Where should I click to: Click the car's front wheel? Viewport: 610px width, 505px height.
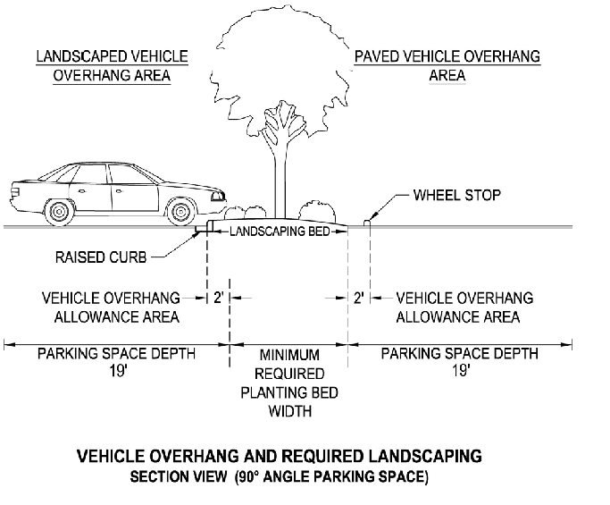[180, 212]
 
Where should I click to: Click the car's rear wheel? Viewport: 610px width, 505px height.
[60, 212]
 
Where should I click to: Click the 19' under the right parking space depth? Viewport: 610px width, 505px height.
[461, 369]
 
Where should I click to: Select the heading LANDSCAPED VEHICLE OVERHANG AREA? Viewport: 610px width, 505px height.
[112, 66]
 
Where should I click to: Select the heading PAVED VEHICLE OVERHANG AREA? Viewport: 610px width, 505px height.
[447, 66]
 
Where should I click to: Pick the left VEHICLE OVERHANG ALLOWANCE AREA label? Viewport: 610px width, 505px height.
[112, 307]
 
